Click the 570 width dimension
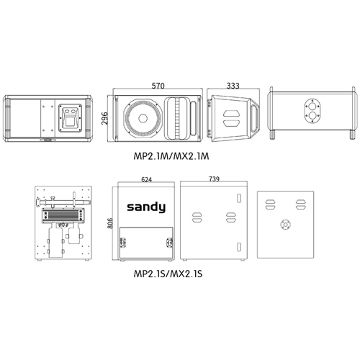pyautogui.click(x=158, y=86)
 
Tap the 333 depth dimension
pyautogui.click(x=233, y=86)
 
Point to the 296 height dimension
pyautogui.click(x=104, y=118)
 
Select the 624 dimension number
pyautogui.click(x=146, y=179)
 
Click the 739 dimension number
pyautogui.click(x=214, y=179)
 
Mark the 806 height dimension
pyautogui.click(x=110, y=223)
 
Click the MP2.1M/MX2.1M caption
pyautogui.click(x=171, y=156)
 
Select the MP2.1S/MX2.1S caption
pyautogui.click(x=168, y=274)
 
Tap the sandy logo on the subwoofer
pyautogui.click(x=146, y=207)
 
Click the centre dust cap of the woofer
pyautogui.click(x=143, y=118)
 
